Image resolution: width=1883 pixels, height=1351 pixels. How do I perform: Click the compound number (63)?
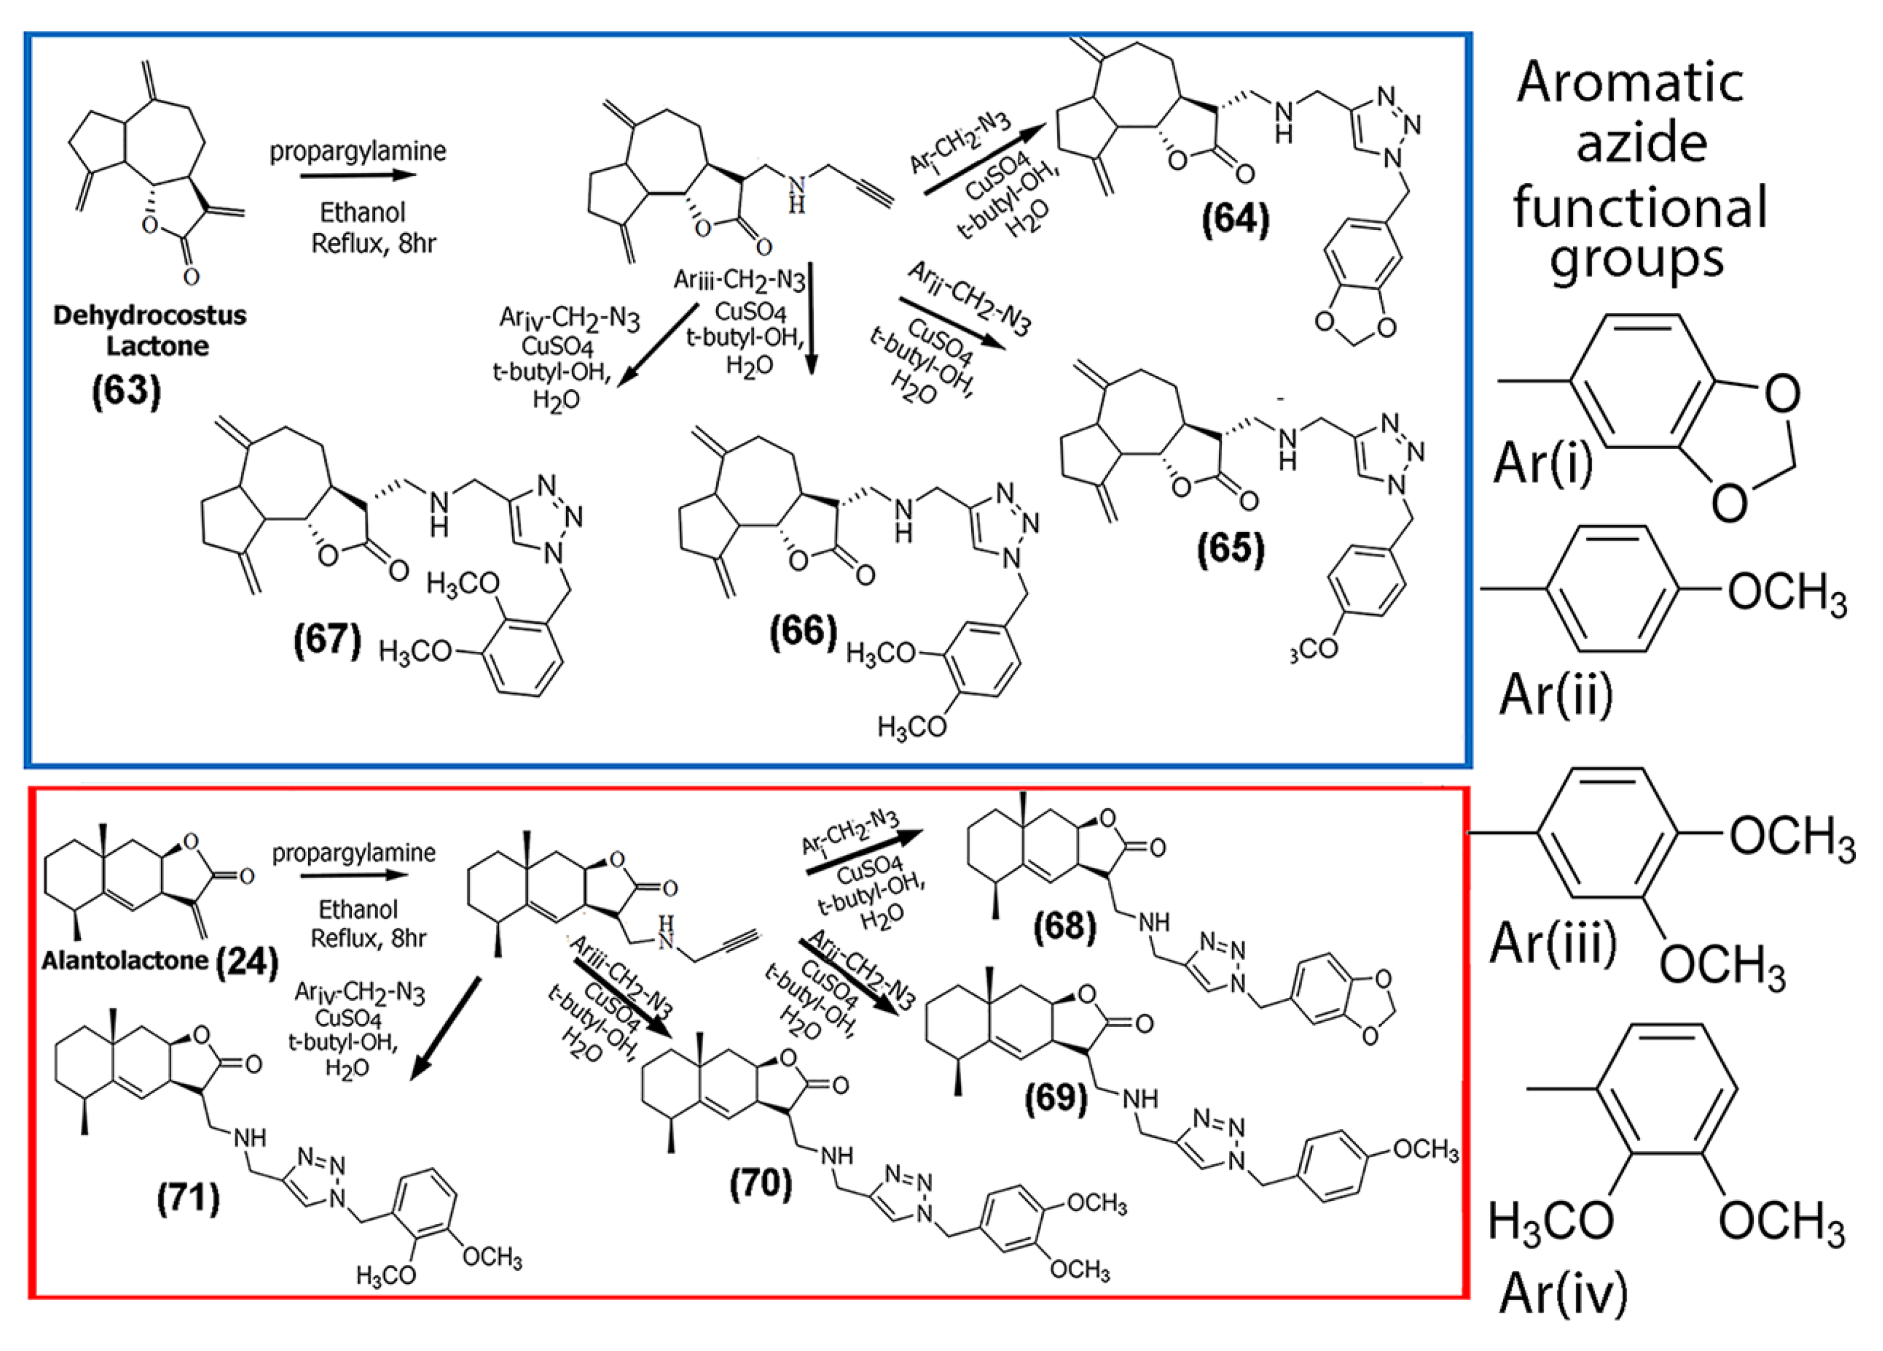[126, 388]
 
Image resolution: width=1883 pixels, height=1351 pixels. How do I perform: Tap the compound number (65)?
[1230, 549]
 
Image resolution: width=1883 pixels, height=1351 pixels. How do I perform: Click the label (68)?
[1064, 925]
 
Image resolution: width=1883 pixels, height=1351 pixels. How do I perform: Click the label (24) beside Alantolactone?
[247, 961]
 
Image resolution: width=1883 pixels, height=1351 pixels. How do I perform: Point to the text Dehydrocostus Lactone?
[150, 330]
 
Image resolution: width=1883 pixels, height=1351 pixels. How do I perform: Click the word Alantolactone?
[124, 961]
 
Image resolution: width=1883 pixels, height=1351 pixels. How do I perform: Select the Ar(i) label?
[1543, 463]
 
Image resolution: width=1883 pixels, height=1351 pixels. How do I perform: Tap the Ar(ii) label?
[1556, 693]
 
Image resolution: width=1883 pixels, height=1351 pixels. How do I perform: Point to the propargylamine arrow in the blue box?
[357, 175]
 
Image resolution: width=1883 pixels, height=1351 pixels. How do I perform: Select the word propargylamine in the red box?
[354, 853]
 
